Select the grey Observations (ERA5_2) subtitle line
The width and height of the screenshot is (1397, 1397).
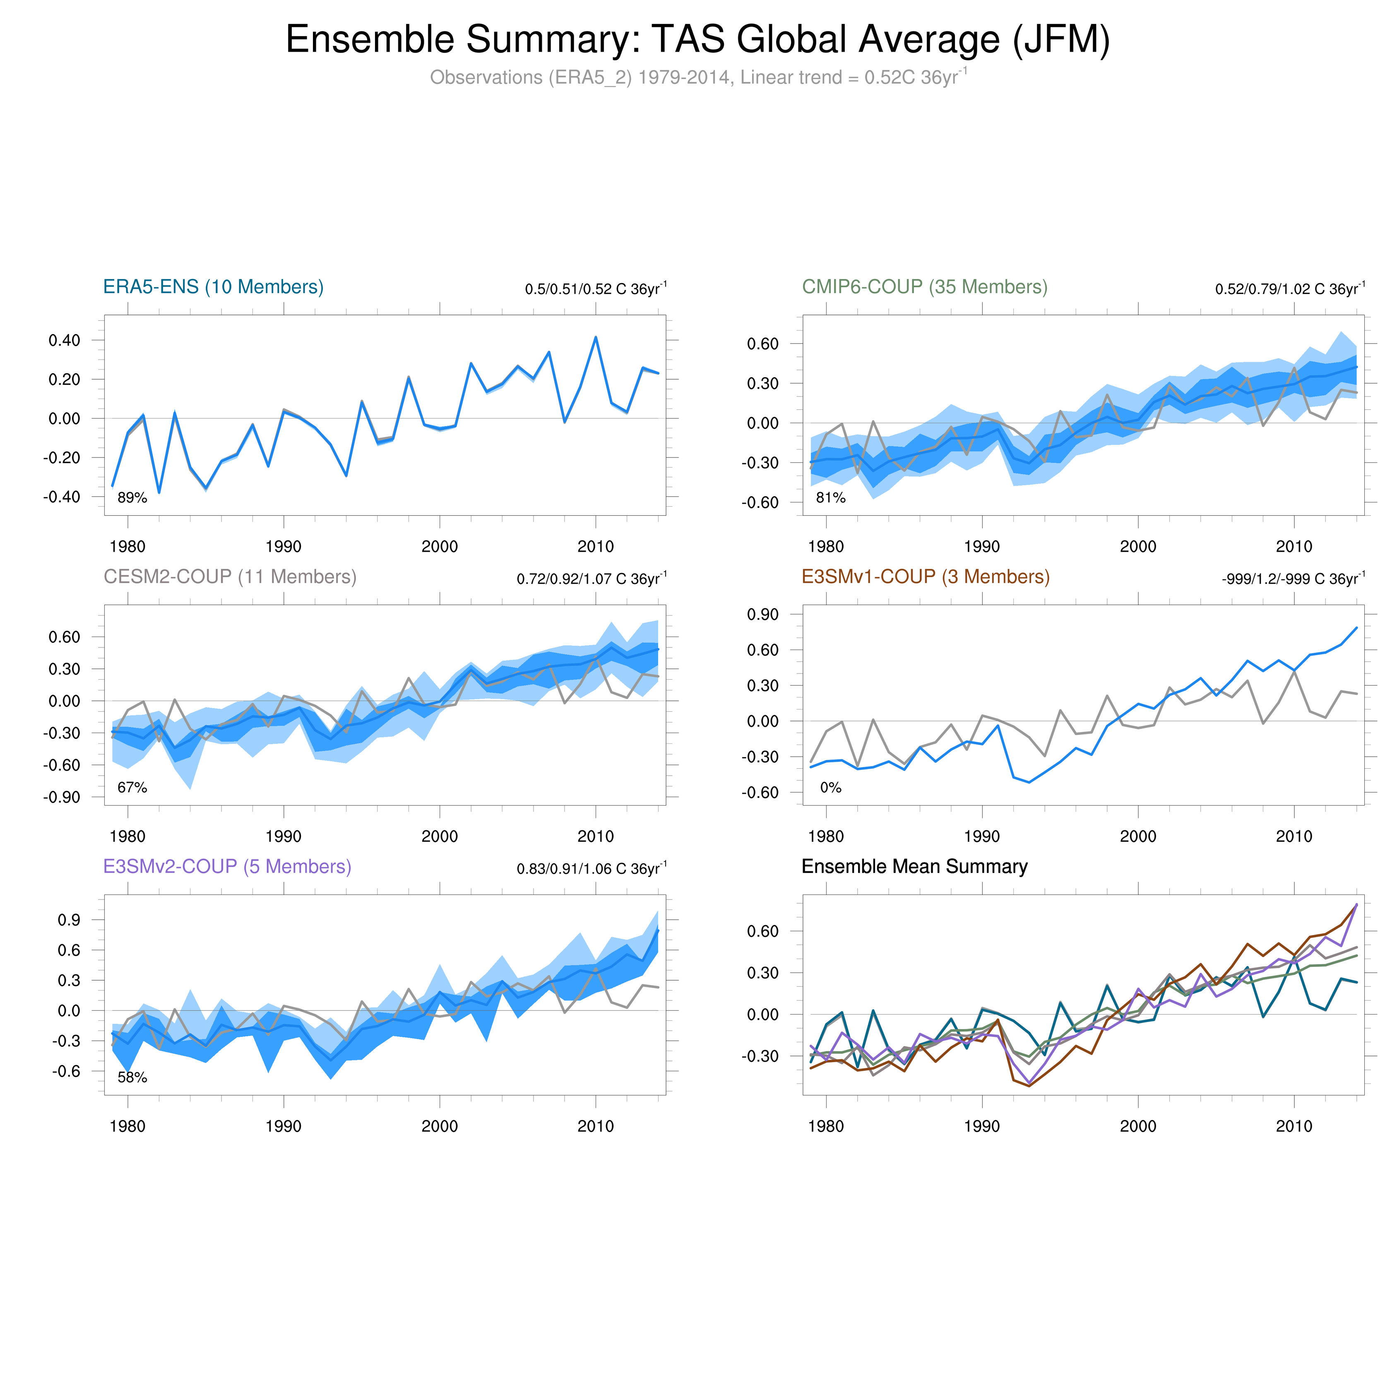click(x=698, y=77)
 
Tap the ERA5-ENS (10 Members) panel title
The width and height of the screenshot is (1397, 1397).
click(x=213, y=287)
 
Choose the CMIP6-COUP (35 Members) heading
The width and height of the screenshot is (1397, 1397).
click(x=924, y=287)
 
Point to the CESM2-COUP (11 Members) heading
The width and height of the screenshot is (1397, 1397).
click(x=230, y=577)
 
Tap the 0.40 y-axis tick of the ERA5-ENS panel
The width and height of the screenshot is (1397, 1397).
click(x=64, y=341)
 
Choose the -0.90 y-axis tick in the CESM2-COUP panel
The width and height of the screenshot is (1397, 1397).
click(x=62, y=798)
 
